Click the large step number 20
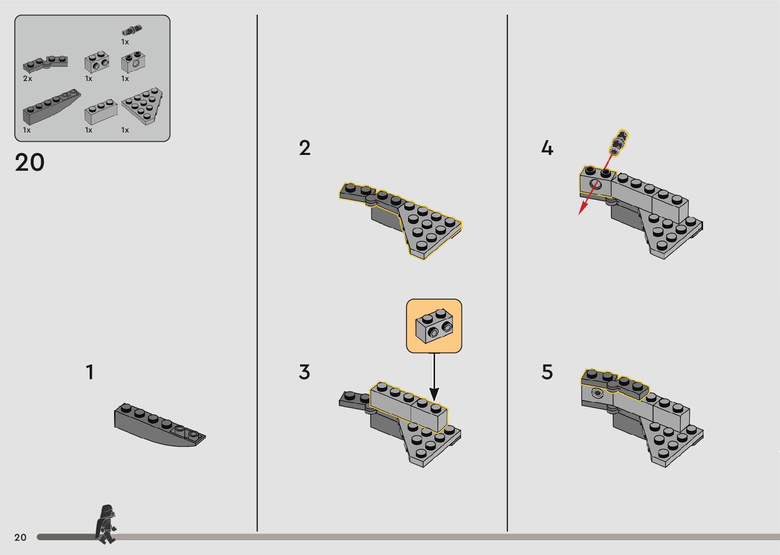tap(30, 163)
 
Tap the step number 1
tap(90, 373)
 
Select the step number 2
tap(305, 148)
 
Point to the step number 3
tap(305, 373)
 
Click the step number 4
tap(547, 148)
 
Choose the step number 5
tap(547, 373)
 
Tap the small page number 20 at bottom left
tap(20, 537)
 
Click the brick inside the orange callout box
tap(434, 326)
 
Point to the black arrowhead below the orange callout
tap(434, 394)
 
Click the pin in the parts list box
tap(131, 30)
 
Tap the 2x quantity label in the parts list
tap(28, 78)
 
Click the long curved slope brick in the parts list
tap(50, 108)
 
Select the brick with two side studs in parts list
tap(97, 63)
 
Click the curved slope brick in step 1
tap(158, 426)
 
